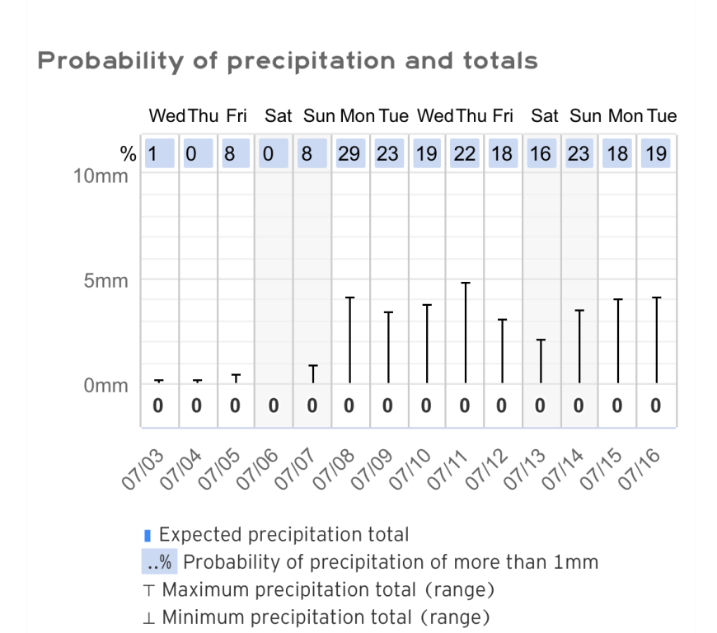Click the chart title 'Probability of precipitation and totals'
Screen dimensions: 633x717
pyautogui.click(x=288, y=61)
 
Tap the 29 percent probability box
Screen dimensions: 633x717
pyautogui.click(x=349, y=153)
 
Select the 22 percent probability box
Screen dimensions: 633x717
pyautogui.click(x=465, y=153)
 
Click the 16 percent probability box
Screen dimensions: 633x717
pyautogui.click(x=541, y=153)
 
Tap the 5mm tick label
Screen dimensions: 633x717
pyautogui.click(x=106, y=281)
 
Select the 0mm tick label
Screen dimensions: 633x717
pyautogui.click(x=106, y=385)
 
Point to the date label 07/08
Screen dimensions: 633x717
pyautogui.click(x=335, y=471)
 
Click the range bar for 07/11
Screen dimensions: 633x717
pyautogui.click(x=465, y=333)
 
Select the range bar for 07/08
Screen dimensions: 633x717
pyautogui.click(x=349, y=340)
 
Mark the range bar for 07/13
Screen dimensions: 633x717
pyautogui.click(x=541, y=361)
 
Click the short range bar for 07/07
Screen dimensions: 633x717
pyautogui.click(x=312, y=374)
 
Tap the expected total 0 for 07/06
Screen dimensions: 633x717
pyautogui.click(x=274, y=406)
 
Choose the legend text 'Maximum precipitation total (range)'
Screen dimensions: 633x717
pyautogui.click(x=327, y=590)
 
